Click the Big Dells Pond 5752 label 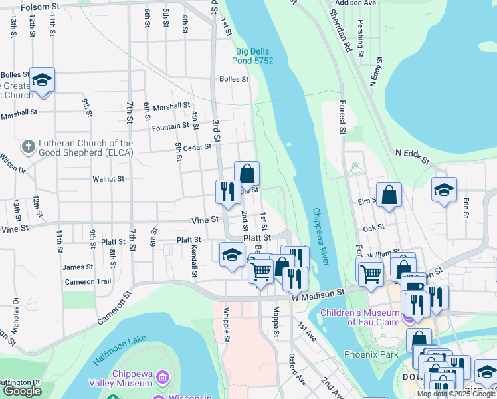tap(255, 56)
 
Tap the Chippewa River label tap(321, 237)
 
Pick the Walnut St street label tap(108, 178)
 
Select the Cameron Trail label tap(88, 281)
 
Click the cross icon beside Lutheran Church tap(28, 146)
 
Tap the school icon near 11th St tap(43, 80)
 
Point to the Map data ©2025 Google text tap(456, 394)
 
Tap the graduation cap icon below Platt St tap(232, 255)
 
